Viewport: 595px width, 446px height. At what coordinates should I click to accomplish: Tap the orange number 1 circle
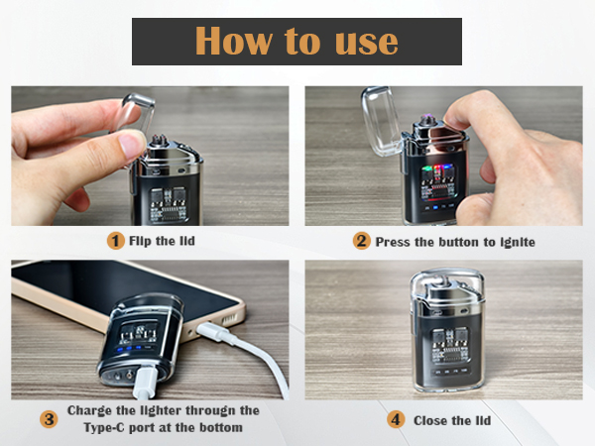[x=116, y=241]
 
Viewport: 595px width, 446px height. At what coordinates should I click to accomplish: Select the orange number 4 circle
[x=397, y=419]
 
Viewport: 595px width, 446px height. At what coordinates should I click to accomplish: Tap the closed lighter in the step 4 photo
[x=446, y=332]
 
